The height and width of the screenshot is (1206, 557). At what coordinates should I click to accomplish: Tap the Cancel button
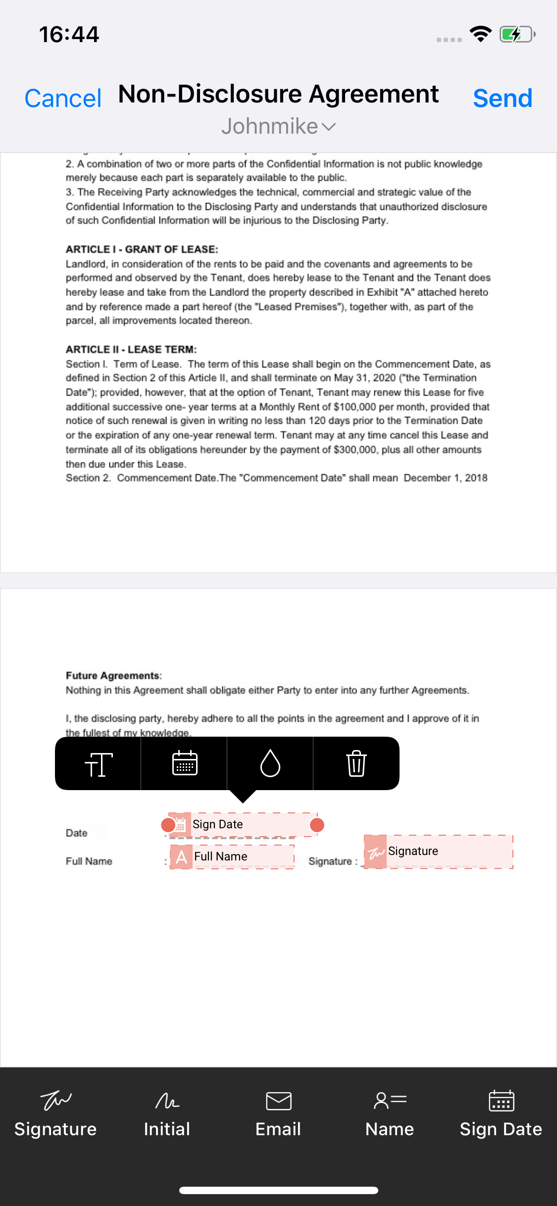pos(63,99)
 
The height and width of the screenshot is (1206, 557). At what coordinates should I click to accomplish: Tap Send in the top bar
pos(502,99)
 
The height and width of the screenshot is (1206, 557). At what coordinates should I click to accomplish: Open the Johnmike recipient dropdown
pos(278,127)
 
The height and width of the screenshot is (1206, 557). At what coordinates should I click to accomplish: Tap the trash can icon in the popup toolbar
pos(356,763)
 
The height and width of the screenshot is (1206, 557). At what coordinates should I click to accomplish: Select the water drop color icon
pos(270,763)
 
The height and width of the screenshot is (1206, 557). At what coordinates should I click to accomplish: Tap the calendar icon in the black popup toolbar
pos(185,763)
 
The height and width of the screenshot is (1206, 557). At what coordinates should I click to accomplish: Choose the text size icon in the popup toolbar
pos(99,763)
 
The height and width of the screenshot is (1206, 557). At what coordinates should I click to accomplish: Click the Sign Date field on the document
pos(243,825)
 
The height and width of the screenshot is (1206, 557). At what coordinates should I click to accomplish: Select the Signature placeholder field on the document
pos(438,852)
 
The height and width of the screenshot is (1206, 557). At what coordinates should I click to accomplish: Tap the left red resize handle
pos(168,825)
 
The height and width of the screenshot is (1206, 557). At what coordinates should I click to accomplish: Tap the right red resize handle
pos(317,825)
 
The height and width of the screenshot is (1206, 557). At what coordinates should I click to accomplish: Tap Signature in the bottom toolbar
pos(55,1114)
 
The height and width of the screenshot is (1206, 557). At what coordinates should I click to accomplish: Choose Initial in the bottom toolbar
pos(167,1114)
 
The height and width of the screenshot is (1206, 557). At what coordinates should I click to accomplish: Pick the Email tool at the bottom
pos(278,1114)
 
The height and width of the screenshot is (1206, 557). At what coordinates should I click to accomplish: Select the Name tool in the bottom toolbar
pos(390,1114)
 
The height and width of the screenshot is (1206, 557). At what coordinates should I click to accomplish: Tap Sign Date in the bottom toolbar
pos(501,1114)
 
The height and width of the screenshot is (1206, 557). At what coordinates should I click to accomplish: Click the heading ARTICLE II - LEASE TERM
pos(131,350)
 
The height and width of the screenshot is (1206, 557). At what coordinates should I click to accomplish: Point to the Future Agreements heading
pos(113,676)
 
